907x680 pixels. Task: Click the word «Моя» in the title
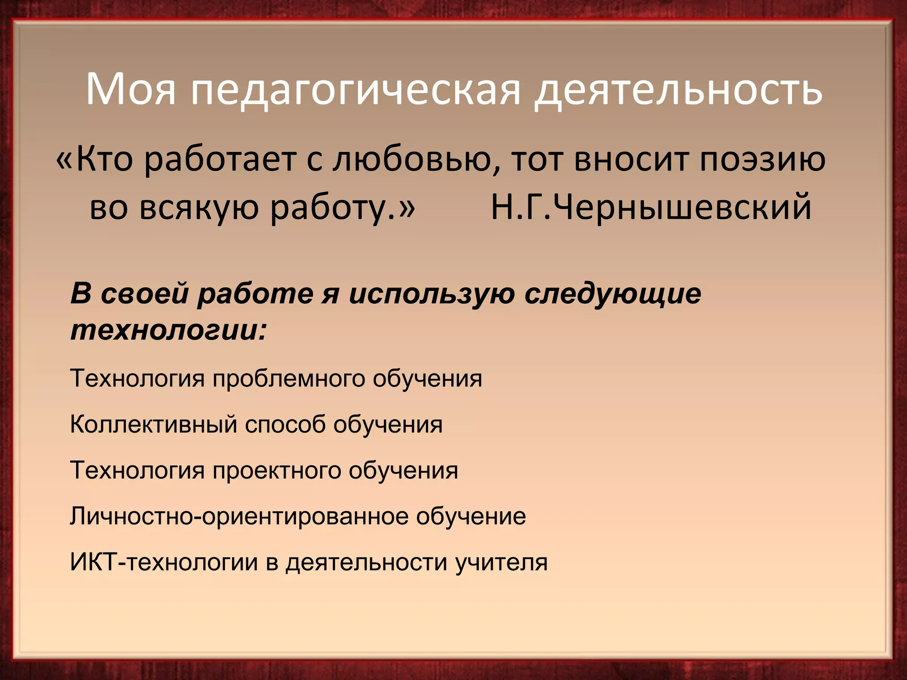tap(131, 90)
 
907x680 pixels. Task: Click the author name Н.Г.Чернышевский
tap(651, 207)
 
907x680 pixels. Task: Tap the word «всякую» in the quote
tap(199, 207)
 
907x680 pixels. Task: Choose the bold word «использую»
tap(432, 294)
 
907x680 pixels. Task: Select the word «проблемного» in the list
tap(288, 379)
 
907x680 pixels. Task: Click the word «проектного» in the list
tap(276, 471)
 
